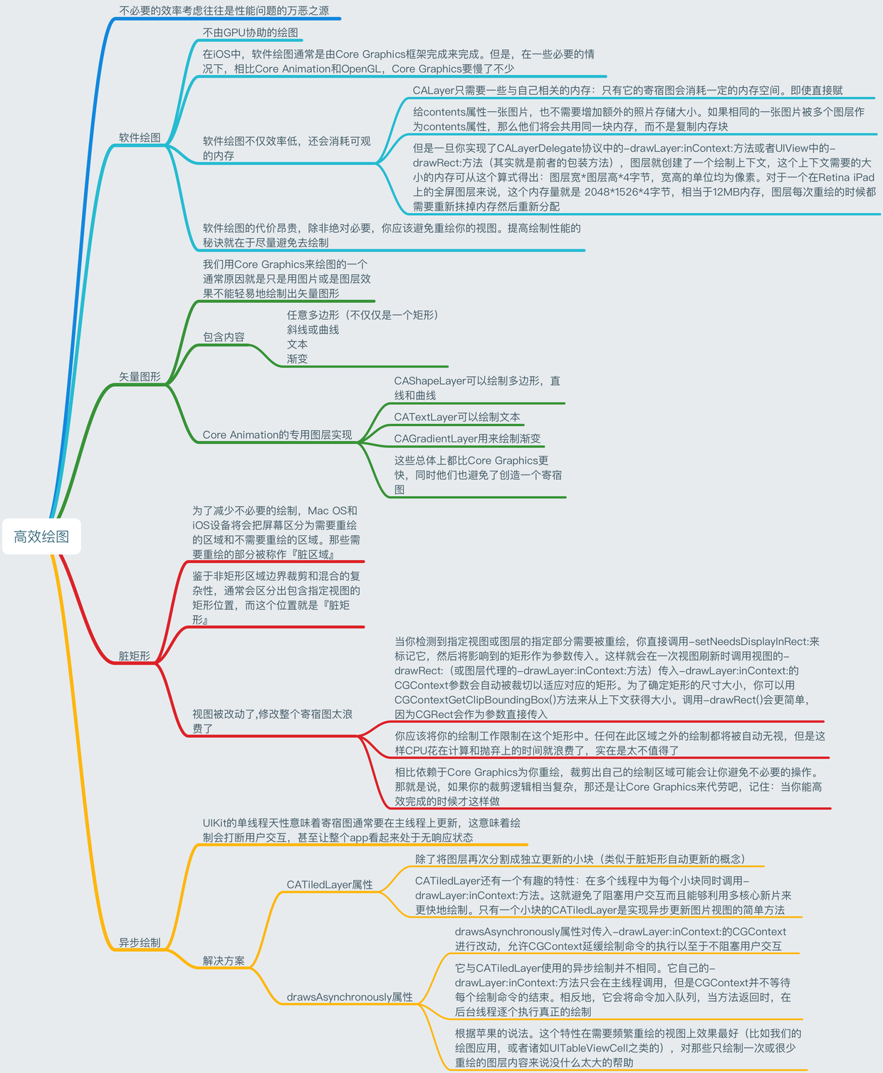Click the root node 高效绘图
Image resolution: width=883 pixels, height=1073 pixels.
tap(41, 536)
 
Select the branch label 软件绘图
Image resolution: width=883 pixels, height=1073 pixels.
tap(140, 138)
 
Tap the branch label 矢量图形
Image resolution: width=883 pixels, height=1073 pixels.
tap(140, 377)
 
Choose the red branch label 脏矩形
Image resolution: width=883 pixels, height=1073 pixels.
tap(135, 656)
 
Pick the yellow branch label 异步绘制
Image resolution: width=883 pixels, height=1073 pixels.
tap(140, 943)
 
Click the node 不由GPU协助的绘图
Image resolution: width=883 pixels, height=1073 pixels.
tap(250, 33)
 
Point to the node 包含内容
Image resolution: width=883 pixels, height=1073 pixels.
tap(224, 337)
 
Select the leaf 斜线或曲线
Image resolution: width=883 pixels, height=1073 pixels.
tap(313, 330)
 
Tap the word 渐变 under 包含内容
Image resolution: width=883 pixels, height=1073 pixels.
tap(298, 359)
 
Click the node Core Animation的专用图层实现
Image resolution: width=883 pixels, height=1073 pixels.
tap(277, 435)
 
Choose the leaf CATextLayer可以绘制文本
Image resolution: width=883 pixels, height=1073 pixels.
tap(457, 417)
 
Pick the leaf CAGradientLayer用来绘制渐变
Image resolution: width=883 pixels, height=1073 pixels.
tap(467, 439)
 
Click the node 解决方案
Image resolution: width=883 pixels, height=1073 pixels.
tap(224, 960)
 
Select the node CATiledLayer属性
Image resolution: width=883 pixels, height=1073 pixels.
tap(330, 885)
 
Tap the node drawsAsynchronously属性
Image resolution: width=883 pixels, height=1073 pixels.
tap(350, 997)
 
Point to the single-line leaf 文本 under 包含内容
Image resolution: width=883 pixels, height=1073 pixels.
tap(298, 344)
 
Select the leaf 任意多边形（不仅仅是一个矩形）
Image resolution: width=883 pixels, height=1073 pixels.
tap(363, 315)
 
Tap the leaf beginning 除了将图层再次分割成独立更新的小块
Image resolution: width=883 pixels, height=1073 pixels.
tap(580, 859)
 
